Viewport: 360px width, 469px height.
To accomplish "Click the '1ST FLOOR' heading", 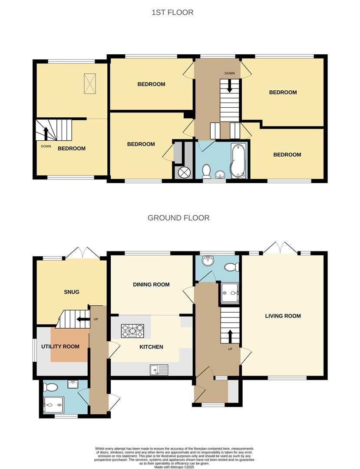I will (172, 13).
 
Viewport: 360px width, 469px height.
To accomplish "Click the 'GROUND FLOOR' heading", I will (178, 218).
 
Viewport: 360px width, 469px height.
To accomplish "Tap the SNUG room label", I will (72, 292).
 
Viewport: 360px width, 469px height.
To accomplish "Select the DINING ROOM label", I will (151, 284).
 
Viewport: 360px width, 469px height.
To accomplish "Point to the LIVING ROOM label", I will (283, 316).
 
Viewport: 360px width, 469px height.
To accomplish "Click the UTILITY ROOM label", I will (60, 347).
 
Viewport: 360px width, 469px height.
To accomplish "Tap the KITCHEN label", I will (151, 347).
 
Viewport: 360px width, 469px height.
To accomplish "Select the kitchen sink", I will (159, 370).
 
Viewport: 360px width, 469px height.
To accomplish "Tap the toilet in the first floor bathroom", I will (207, 171).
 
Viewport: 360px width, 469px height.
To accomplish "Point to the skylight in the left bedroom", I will (89, 83).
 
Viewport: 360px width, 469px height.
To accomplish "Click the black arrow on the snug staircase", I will (81, 319).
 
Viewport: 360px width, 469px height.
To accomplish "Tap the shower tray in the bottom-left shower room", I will (54, 405).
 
